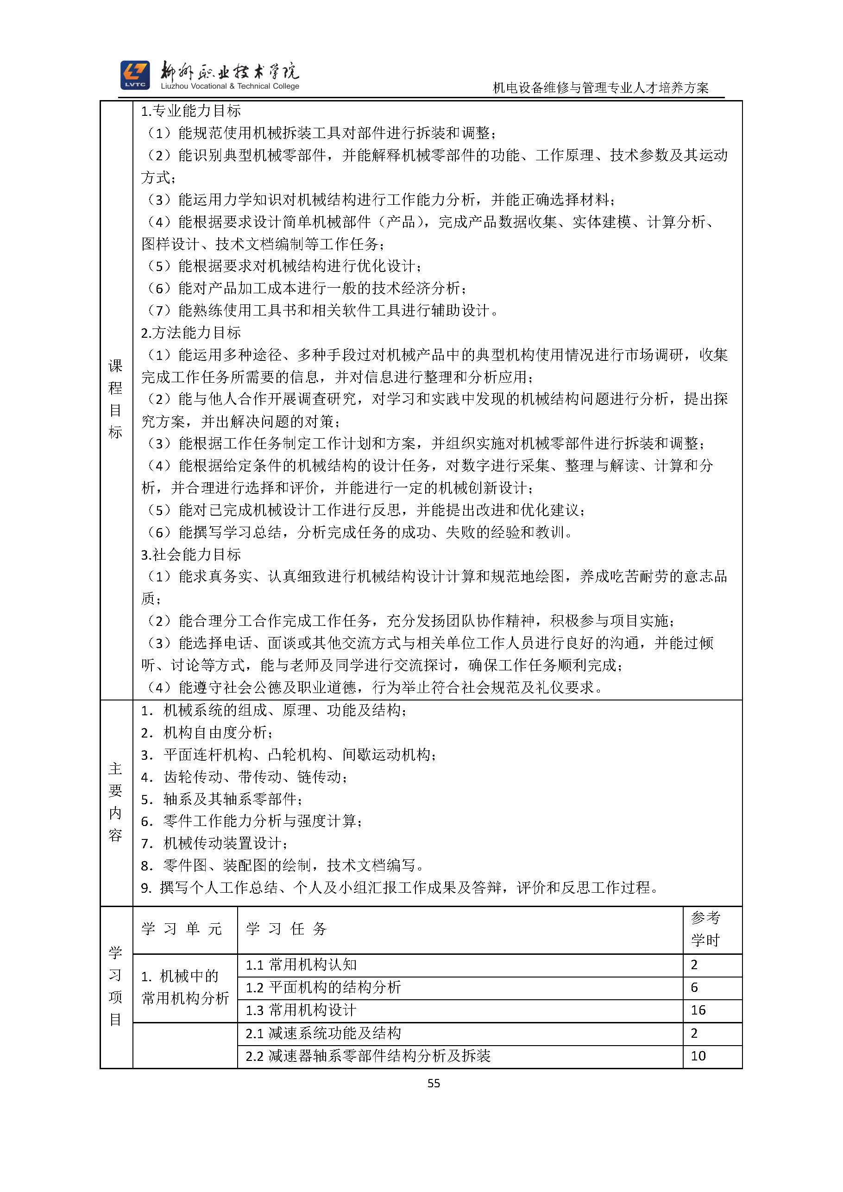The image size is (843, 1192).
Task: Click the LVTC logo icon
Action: pos(135,75)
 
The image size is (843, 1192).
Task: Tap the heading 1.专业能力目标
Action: pos(191,111)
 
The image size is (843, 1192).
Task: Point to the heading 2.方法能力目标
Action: pos(191,332)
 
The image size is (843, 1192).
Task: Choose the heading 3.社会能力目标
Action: pos(191,555)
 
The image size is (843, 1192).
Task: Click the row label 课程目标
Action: pos(116,399)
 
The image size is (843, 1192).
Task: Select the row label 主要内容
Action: pos(116,801)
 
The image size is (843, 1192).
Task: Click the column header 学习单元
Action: pos(182,929)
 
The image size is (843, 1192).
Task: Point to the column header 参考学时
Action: pos(705,929)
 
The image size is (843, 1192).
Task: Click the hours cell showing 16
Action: pos(698,1010)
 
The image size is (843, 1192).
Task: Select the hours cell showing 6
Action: pos(694,987)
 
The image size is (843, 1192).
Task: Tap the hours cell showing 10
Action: pos(698,1055)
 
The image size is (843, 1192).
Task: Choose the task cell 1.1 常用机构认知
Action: pos(301,965)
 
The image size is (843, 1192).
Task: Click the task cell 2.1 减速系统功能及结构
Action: pos(323,1033)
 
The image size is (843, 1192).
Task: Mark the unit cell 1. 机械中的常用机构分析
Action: pos(185,987)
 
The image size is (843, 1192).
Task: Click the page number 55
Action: pos(434,1083)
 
